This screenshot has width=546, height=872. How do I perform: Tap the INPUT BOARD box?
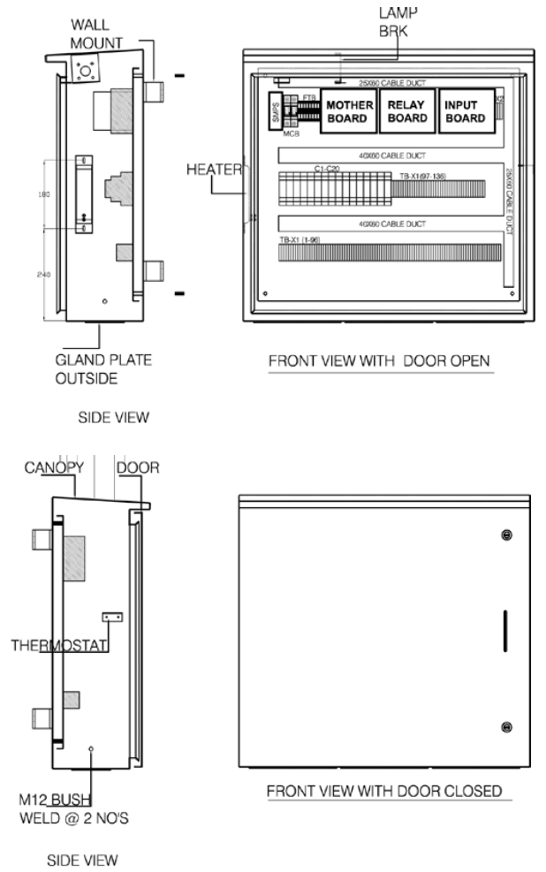[466, 111]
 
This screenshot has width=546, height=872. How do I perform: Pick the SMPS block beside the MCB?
[274, 111]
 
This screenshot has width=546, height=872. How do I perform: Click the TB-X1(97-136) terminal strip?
[442, 188]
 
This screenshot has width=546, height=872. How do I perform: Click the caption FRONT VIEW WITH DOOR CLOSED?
[383, 791]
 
